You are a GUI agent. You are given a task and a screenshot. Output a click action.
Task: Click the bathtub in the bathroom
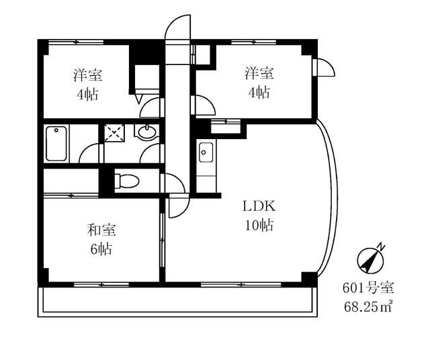[x=56, y=142]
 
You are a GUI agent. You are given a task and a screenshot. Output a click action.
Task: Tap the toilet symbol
[x=126, y=180]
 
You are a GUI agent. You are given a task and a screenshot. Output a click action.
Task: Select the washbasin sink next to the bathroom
[x=147, y=132]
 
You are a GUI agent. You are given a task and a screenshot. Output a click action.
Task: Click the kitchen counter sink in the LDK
[x=205, y=152]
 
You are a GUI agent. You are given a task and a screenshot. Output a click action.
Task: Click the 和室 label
[x=101, y=230]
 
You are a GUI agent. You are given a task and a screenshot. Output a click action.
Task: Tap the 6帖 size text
[x=101, y=249]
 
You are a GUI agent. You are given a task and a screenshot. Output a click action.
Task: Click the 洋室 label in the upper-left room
[x=87, y=74]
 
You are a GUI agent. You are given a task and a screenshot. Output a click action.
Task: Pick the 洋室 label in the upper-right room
[x=258, y=73]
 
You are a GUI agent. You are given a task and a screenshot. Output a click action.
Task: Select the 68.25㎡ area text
[x=368, y=307]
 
